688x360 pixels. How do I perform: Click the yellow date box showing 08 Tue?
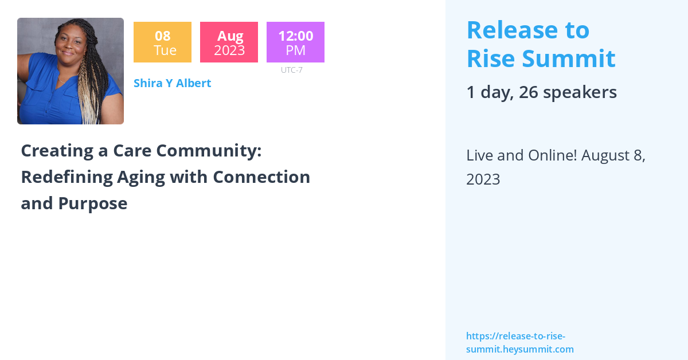162,42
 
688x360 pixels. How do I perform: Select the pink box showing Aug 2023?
229,42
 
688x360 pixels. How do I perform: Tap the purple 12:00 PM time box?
295,42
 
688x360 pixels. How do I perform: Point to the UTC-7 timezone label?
292,70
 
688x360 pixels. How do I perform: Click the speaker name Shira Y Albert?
172,83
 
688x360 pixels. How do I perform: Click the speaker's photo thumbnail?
71,71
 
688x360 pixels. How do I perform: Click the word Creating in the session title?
55,151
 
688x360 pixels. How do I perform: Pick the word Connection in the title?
261,177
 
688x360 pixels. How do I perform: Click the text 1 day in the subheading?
487,92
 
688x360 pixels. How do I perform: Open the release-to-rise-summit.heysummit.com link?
519,343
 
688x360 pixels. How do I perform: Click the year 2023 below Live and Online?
483,179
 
